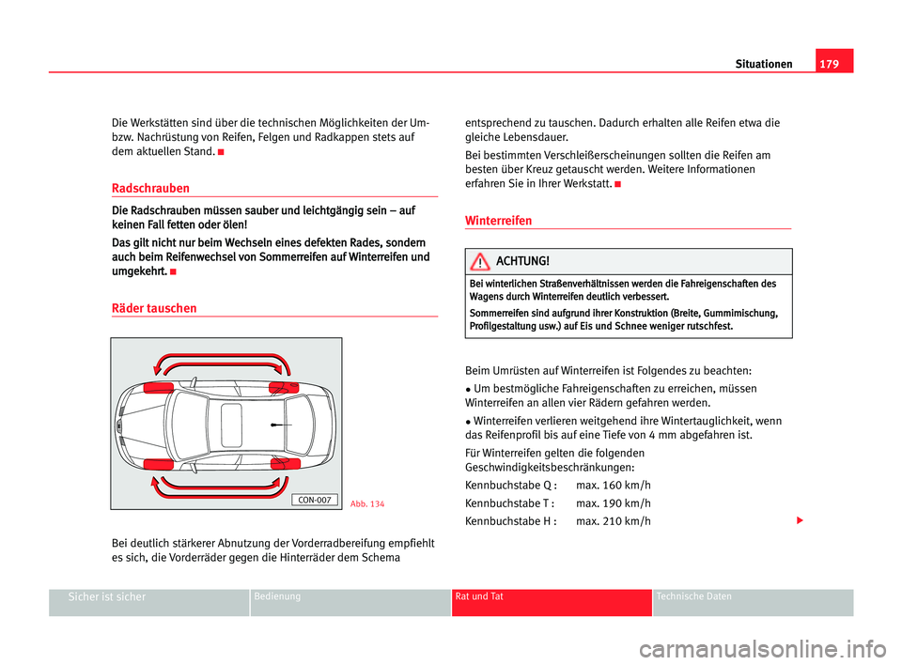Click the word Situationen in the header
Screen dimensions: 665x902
click(x=763, y=64)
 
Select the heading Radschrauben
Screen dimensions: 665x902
click(x=149, y=188)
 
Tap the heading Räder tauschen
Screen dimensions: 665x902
click(x=153, y=307)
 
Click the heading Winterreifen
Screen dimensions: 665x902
click(x=498, y=221)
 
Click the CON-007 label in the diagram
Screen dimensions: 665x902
click(x=313, y=500)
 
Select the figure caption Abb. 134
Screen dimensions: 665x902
click(x=366, y=504)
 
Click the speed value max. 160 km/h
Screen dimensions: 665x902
click(x=613, y=485)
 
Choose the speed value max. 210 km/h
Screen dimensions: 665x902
click(x=613, y=520)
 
